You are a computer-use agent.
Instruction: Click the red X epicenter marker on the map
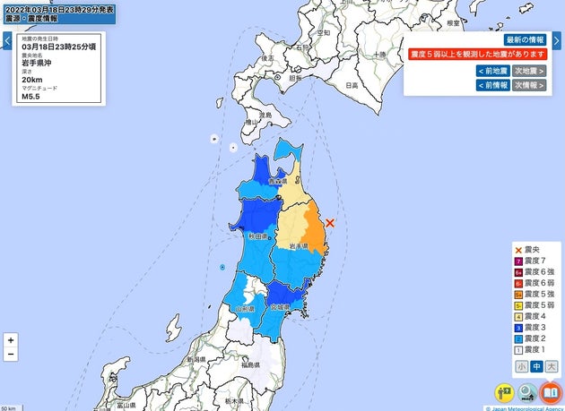point(330,221)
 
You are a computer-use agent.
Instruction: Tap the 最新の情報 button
point(525,40)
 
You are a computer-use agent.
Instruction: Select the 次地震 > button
point(529,70)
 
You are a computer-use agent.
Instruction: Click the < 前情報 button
point(492,85)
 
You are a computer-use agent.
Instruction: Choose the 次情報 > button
point(529,85)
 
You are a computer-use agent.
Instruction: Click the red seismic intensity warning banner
point(477,55)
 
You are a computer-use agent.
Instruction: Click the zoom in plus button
point(10,340)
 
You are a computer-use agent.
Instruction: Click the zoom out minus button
point(10,355)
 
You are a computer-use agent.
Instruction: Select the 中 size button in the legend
point(536,365)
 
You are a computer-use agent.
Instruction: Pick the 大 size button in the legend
point(552,365)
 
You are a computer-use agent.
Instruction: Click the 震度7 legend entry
point(536,260)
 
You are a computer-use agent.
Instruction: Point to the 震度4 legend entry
point(536,316)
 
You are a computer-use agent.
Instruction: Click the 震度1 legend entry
point(536,349)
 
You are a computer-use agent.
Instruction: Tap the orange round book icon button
point(550,391)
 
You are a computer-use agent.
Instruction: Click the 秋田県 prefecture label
point(256,235)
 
